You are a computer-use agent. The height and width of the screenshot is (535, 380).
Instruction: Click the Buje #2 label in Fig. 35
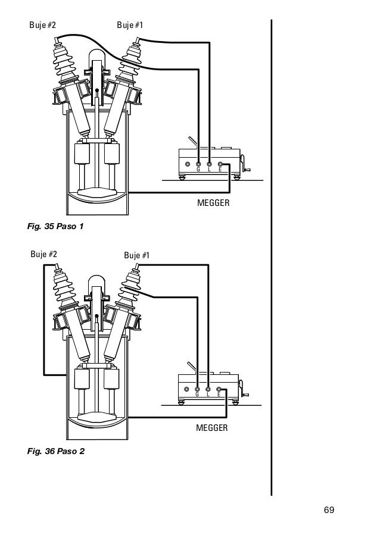tap(43, 25)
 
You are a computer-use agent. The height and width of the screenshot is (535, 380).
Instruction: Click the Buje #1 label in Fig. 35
tap(130, 25)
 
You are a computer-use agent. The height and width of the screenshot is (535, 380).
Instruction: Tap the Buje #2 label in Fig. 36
tap(43, 254)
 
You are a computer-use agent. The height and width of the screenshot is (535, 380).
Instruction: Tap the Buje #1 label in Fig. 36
tap(137, 255)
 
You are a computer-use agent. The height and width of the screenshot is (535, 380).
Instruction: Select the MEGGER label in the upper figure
tap(213, 203)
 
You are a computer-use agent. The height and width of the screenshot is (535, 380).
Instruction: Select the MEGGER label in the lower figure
tap(211, 428)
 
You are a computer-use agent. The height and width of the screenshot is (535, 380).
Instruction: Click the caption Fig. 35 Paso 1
tap(55, 226)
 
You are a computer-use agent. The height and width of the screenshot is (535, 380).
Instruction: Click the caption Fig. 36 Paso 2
tap(56, 452)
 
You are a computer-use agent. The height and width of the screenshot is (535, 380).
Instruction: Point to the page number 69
tap(329, 510)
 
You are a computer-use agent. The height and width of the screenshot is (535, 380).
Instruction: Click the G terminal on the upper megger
tap(199, 164)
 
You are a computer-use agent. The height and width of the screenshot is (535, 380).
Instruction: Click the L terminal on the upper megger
tap(209, 164)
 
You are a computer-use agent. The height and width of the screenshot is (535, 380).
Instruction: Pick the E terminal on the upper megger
tap(220, 164)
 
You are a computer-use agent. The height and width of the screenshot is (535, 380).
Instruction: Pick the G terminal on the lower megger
tap(197, 389)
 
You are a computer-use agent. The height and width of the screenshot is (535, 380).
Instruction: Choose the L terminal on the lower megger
tap(208, 389)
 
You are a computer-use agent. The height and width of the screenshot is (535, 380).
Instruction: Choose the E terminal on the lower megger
tap(219, 389)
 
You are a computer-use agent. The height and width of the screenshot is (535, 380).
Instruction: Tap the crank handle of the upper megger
tap(245, 164)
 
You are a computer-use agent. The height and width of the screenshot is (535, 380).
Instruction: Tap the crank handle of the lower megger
tap(244, 389)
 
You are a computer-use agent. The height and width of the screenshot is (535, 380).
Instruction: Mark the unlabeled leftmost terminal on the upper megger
tap(188, 164)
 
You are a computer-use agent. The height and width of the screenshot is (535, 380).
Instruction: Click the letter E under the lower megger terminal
tap(219, 395)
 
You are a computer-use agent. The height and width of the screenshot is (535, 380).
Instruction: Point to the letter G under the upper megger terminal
tap(198, 170)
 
